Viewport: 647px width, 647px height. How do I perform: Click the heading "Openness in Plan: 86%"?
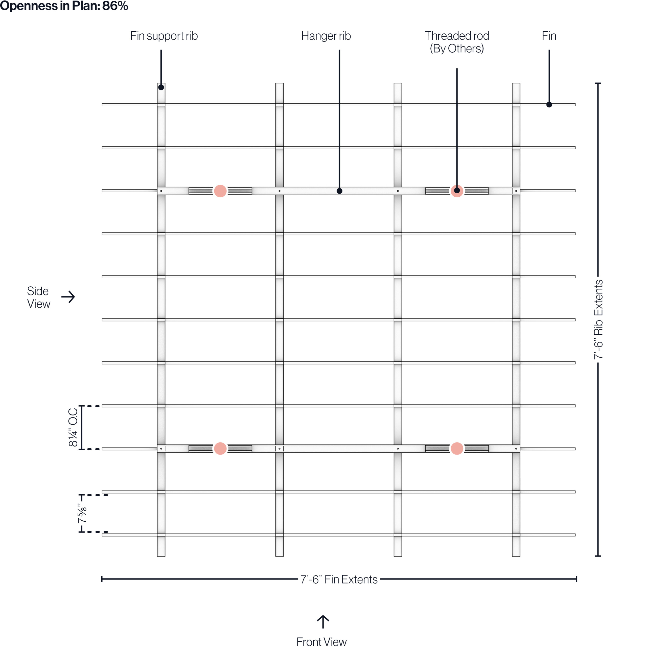point(64,6)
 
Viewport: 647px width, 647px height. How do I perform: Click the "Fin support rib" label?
point(164,36)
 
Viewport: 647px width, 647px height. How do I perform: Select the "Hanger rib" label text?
point(326,36)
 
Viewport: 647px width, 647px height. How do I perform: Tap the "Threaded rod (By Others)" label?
point(457,42)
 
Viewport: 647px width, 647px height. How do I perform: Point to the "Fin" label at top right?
point(549,36)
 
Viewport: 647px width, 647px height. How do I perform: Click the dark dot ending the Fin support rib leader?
point(161,87)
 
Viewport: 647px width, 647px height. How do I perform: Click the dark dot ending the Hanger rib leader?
point(339,191)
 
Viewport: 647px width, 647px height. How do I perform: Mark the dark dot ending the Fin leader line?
point(549,104)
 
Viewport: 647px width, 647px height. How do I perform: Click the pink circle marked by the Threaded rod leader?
point(457,191)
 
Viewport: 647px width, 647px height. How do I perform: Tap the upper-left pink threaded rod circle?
point(220,191)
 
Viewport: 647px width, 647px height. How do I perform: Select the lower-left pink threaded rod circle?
point(220,448)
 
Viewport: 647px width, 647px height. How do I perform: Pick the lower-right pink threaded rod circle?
point(457,448)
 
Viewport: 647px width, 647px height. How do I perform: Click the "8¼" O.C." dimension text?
point(73,427)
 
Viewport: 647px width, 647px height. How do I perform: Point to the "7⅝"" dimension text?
point(82,513)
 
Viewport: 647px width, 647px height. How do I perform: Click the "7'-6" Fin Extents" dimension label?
point(339,579)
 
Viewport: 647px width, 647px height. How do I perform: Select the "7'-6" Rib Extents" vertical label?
point(598,320)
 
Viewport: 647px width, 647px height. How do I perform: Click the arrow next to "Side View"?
point(68,297)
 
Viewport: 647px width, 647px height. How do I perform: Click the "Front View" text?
point(321,641)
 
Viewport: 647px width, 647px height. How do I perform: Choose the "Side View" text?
point(38,297)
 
